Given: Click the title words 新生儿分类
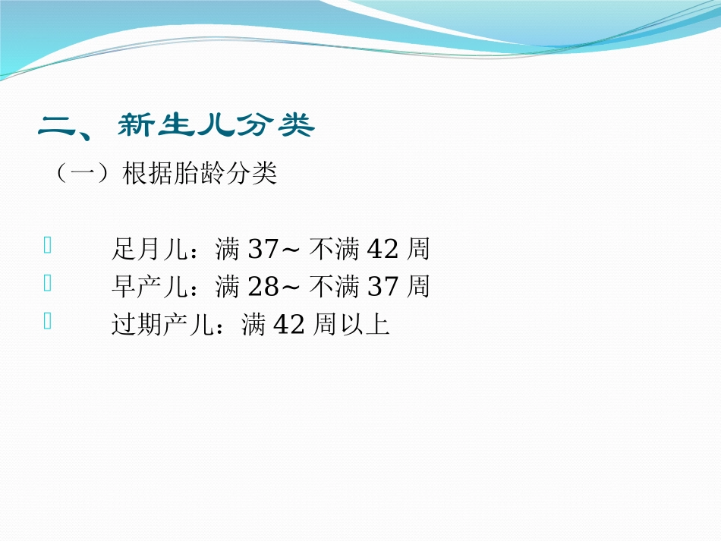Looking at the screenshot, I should (x=216, y=127).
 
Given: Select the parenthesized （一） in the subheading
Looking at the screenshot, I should (x=74, y=175).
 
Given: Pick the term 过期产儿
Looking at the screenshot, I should (x=162, y=326).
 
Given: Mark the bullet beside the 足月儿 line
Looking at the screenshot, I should (x=49, y=245).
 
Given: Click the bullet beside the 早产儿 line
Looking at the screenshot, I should (x=49, y=284).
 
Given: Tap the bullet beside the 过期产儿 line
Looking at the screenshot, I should (x=49, y=322).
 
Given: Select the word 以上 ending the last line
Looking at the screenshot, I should (x=364, y=326).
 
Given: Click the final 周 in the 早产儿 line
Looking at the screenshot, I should (x=418, y=287).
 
